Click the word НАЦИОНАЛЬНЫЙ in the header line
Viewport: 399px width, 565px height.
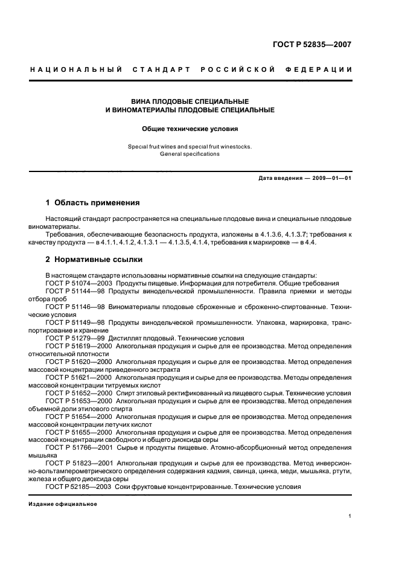76,70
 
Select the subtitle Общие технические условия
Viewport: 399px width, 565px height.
190,129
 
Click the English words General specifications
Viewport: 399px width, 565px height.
190,154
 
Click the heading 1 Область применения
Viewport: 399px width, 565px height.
93,203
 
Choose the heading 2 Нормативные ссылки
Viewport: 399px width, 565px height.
94,260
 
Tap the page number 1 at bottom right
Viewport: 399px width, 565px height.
350,517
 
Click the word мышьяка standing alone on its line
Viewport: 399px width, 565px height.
43,456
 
